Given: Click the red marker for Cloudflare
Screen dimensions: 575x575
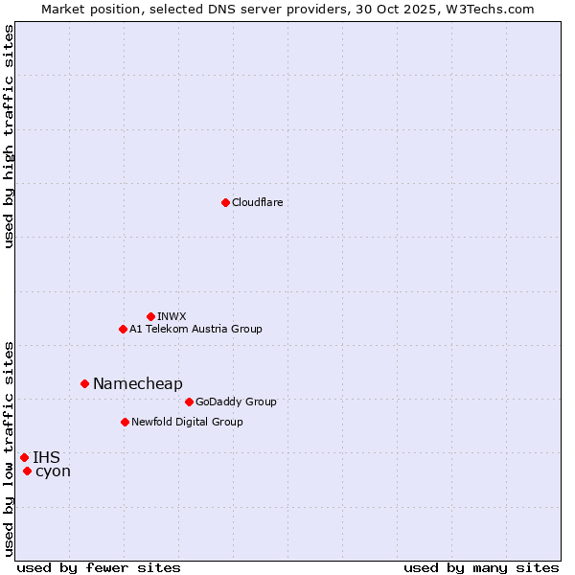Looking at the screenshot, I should (x=225, y=202).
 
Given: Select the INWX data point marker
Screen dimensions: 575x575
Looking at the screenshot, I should (x=150, y=316).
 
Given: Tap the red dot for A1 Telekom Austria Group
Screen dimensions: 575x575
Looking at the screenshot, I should (x=123, y=329).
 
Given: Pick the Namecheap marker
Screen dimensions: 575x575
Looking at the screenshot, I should (x=84, y=383).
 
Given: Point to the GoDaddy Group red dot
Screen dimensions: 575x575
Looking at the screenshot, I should (x=189, y=402).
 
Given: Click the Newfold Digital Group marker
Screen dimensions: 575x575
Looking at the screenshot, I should (x=125, y=422).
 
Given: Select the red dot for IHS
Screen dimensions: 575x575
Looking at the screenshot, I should (x=24, y=457).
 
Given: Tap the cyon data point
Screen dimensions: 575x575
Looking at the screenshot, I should (x=27, y=471).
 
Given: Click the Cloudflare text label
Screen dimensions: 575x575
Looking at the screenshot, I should (x=258, y=202).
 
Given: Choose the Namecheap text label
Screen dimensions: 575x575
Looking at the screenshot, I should (x=138, y=383).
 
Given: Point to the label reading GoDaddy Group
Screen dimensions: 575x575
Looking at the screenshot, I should (x=236, y=402).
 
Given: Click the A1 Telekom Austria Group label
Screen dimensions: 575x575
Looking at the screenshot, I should (x=195, y=329).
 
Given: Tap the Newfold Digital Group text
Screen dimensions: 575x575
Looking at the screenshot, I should (x=187, y=422).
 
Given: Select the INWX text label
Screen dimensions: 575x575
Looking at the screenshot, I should (x=172, y=316).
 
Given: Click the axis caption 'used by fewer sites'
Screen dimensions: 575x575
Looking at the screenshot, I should (x=99, y=567).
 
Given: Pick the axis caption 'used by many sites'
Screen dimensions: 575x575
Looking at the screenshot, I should (x=481, y=567).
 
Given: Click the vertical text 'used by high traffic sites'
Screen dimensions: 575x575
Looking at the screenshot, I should (x=10, y=136).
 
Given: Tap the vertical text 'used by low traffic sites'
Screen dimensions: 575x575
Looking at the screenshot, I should (x=10, y=448).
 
